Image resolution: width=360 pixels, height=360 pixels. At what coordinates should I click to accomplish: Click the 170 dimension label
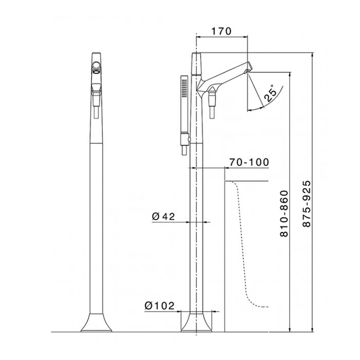click(221, 31)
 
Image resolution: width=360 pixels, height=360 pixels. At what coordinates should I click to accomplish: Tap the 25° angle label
click(271, 93)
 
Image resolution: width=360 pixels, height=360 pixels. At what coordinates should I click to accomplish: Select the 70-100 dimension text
click(249, 162)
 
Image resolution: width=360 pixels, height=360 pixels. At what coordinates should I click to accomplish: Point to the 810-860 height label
click(284, 213)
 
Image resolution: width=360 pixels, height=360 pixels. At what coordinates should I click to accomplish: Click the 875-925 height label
click(307, 204)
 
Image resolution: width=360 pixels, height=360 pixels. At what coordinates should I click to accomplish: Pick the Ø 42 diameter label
click(163, 216)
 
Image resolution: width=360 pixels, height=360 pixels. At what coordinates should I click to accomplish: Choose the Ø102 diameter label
click(159, 305)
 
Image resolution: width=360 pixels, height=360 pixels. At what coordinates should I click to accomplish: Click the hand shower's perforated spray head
click(184, 87)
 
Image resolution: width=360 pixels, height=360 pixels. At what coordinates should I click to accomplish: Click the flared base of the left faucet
click(97, 322)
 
